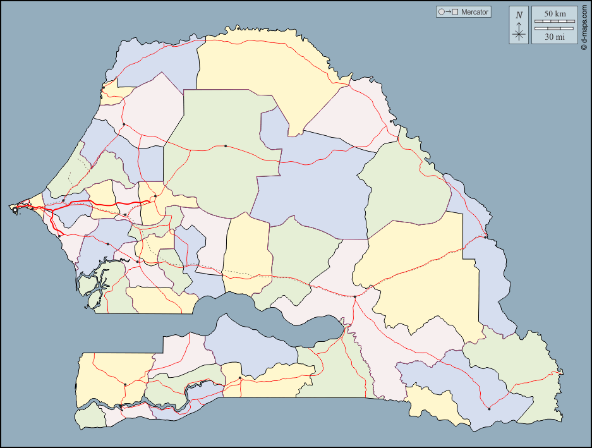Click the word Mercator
pyautogui.click(x=474, y=12)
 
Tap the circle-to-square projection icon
pyautogui.click(x=448, y=12)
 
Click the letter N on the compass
pyautogui.click(x=519, y=15)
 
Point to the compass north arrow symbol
pyautogui.click(x=519, y=32)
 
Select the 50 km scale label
pyautogui.click(x=555, y=14)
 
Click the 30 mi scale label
pyautogui.click(x=555, y=37)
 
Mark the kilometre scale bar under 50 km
pyautogui.click(x=555, y=22)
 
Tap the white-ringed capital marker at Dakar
pyautogui.click(x=15, y=209)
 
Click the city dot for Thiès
pyautogui.click(x=63, y=201)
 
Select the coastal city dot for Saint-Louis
pyautogui.click(x=102, y=97)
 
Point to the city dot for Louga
pyautogui.click(x=124, y=124)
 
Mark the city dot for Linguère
pyautogui.click(x=226, y=146)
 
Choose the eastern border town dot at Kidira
pyautogui.click(x=485, y=238)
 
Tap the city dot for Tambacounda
pyautogui.click(x=355, y=296)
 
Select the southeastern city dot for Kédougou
pyautogui.click(x=489, y=408)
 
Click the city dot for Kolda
pyautogui.click(x=240, y=378)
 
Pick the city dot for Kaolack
pyautogui.click(x=138, y=261)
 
